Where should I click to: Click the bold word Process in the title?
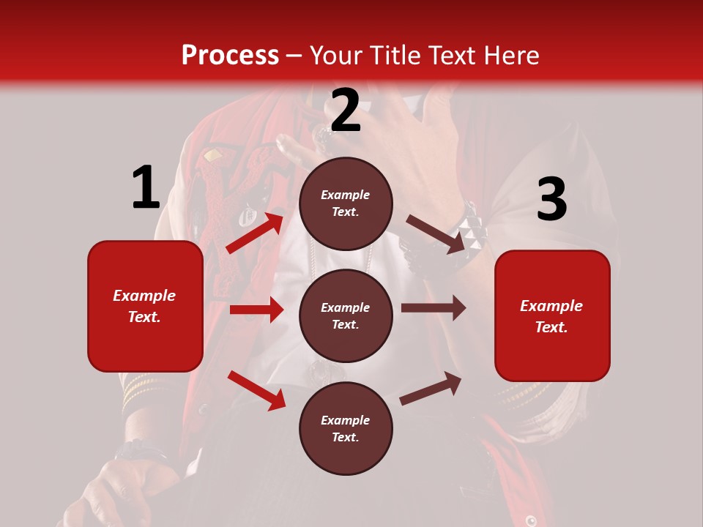point(230,55)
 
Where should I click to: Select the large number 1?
point(146,187)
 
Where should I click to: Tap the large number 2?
point(346,111)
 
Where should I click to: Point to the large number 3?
point(551,200)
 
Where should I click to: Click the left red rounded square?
point(145,306)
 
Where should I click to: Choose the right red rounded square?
point(552,316)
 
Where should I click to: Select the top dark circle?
point(346,203)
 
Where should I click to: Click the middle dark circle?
point(346,315)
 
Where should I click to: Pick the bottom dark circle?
point(346,428)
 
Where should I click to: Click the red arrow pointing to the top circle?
point(255,232)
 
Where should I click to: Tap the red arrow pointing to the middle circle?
point(256,310)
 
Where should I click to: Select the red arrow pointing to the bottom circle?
point(256,390)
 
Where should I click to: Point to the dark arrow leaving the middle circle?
point(433,308)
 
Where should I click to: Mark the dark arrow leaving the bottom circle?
point(431,389)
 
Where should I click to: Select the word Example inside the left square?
point(144,296)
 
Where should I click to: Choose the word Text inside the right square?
point(551,327)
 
